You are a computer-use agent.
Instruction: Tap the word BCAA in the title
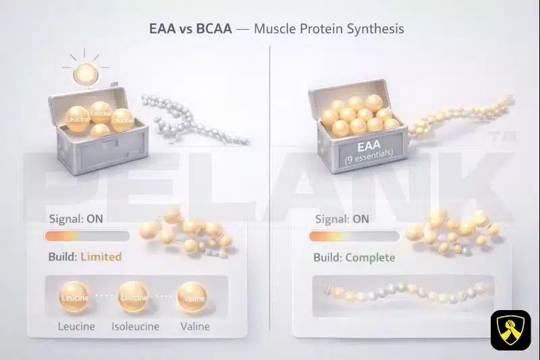point(216,30)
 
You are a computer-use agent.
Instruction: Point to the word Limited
point(101,257)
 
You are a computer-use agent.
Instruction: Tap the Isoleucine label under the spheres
point(135,326)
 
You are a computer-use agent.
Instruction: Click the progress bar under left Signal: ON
point(86,236)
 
